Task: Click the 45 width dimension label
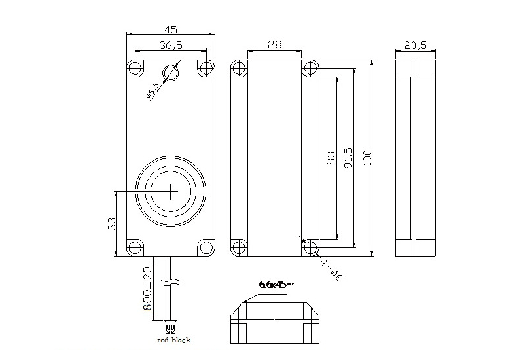[171, 29]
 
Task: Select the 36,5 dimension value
[171, 45]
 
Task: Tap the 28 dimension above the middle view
[275, 45]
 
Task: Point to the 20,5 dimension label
[416, 45]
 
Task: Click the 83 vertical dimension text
[331, 158]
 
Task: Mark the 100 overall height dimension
[367, 158]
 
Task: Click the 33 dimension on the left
[111, 223]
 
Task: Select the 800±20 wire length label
[147, 288]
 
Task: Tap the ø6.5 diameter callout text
[152, 90]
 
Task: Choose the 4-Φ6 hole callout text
[331, 269]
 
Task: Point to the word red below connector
[164, 340]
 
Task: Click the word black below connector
[181, 340]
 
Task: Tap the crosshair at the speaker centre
[171, 191]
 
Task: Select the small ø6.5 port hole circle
[171, 73]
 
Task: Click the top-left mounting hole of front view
[135, 68]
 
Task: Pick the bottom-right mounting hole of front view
[206, 247]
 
